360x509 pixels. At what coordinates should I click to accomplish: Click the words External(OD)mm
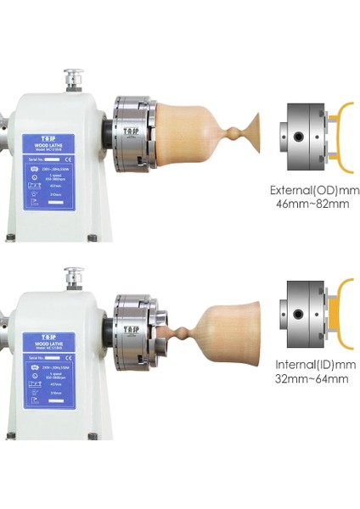(x=312, y=189)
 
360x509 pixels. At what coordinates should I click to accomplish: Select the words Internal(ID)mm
(x=312, y=364)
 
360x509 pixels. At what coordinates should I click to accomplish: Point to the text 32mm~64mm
(x=312, y=378)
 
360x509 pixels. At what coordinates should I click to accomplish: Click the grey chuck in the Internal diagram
(x=301, y=310)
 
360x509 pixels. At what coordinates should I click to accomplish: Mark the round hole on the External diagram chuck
(x=297, y=136)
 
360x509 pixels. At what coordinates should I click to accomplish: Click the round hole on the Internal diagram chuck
(x=297, y=311)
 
